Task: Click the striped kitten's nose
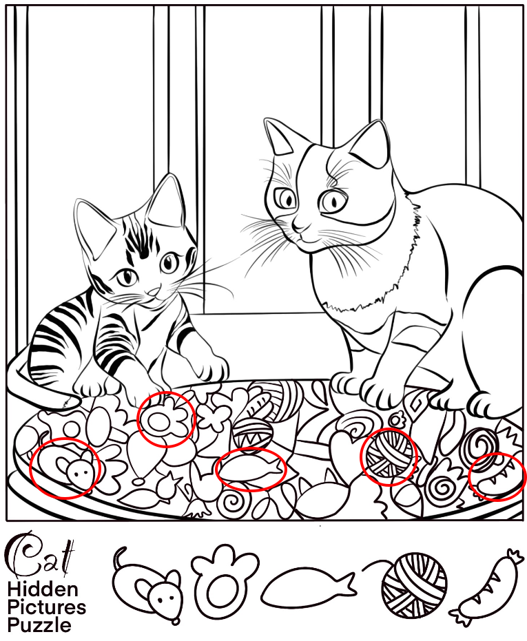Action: (154, 291)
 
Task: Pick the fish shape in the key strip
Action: (308, 587)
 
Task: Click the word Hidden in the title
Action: (43, 589)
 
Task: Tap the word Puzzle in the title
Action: (39, 625)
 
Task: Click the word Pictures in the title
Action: (47, 607)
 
